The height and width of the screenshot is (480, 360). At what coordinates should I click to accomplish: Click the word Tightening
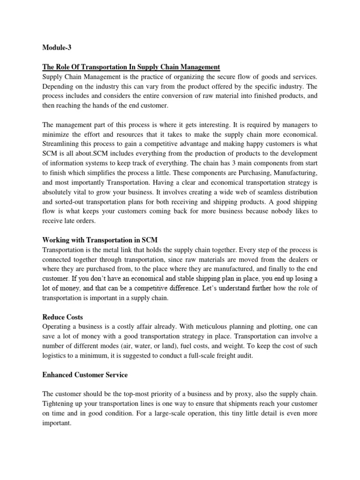(x=60, y=404)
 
